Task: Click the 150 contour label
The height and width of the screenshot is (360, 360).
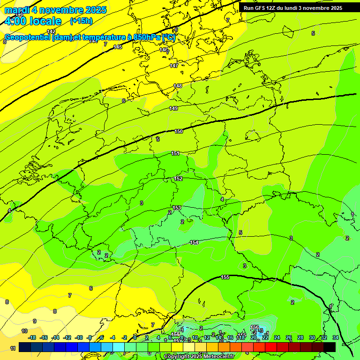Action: tap(179, 132)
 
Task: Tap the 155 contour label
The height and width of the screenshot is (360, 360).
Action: tap(225, 277)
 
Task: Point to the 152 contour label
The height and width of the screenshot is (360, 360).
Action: tap(178, 179)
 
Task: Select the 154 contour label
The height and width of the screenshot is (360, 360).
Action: tap(194, 242)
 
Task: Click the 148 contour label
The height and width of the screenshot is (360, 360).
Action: tap(178, 86)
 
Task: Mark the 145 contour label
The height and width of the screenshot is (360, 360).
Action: tap(118, 47)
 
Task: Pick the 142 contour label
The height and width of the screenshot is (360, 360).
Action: tap(51, 31)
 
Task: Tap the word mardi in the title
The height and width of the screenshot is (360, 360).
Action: tap(17, 10)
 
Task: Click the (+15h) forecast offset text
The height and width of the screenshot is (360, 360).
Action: tap(81, 21)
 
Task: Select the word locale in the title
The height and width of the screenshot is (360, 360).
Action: tap(45, 21)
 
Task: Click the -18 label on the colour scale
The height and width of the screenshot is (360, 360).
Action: tap(32, 337)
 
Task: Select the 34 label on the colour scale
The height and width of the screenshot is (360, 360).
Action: tap(335, 337)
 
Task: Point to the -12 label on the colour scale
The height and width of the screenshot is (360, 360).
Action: tap(67, 337)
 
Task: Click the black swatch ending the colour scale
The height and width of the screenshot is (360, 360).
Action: tap(329, 347)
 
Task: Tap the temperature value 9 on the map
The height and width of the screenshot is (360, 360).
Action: tap(34, 321)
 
